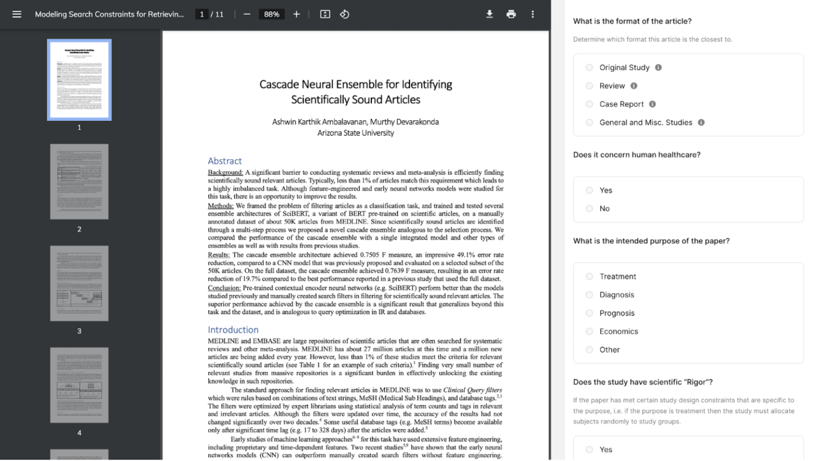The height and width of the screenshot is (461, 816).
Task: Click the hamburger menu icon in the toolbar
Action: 17,14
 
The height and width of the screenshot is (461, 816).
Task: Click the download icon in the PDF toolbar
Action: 489,14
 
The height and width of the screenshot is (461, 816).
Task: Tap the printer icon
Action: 511,14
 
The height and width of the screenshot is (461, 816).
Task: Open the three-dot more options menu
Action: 533,14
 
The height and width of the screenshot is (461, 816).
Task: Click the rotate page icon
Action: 345,14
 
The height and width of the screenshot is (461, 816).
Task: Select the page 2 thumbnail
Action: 79,182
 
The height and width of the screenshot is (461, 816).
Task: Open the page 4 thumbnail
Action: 79,385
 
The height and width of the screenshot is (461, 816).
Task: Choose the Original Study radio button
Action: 589,68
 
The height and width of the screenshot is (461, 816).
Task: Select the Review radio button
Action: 589,86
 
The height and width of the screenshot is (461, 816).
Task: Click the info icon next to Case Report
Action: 653,104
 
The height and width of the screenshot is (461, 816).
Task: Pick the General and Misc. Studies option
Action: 589,123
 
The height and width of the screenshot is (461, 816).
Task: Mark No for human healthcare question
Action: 589,208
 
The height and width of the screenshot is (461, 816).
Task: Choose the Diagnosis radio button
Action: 589,295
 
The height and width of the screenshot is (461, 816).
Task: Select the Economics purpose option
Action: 589,331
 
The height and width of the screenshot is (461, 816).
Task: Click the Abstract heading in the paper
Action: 225,161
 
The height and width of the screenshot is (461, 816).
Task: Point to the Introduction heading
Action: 233,330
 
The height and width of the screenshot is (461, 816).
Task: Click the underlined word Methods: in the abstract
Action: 221,206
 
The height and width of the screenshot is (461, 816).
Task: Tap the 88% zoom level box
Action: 271,14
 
